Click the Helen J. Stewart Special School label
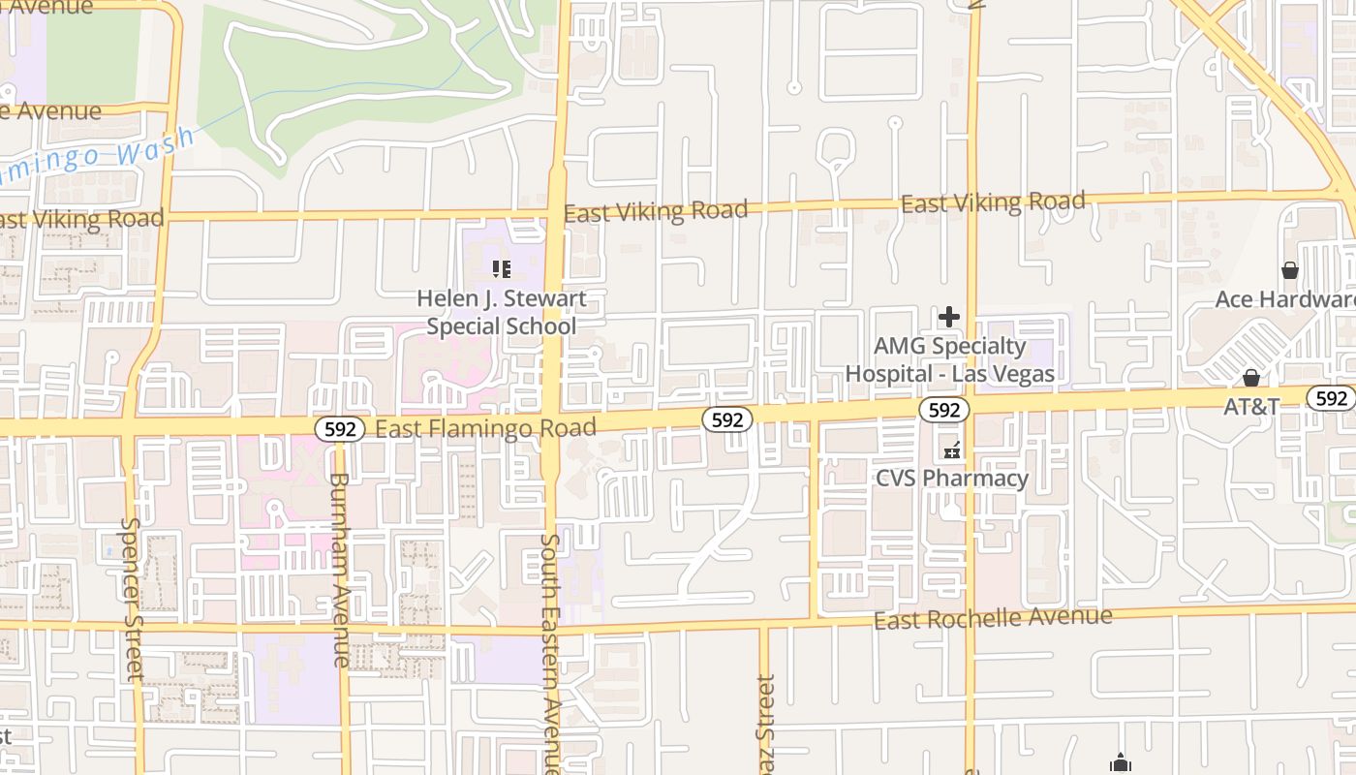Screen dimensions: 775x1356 click(x=501, y=312)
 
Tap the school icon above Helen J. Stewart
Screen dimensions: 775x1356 click(x=501, y=268)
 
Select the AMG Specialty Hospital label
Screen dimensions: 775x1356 click(x=949, y=358)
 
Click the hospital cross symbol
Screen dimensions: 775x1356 click(x=949, y=316)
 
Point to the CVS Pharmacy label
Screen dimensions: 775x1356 click(x=951, y=478)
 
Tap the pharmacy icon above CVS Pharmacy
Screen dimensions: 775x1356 click(x=951, y=449)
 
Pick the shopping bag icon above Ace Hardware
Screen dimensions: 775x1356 click(x=1289, y=269)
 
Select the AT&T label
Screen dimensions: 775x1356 click(x=1251, y=406)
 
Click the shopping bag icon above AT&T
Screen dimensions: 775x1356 click(x=1251, y=377)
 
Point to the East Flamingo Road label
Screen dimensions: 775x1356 click(x=485, y=427)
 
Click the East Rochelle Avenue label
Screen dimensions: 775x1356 click(x=993, y=618)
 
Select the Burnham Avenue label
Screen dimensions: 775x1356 click(x=340, y=569)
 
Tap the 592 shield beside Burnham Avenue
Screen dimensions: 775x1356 click(x=340, y=428)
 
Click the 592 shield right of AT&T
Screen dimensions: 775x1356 click(x=1331, y=397)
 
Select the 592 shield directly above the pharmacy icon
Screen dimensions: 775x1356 click(x=943, y=410)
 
